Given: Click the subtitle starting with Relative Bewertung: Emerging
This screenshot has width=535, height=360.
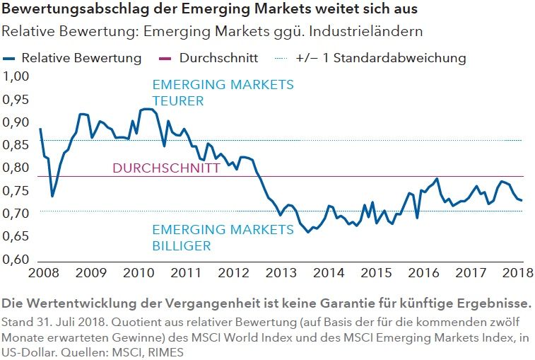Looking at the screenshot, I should (213, 32).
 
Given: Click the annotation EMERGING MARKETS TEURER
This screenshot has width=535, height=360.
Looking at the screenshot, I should (223, 93).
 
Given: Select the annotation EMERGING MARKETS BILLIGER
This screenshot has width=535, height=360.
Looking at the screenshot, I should (223, 238).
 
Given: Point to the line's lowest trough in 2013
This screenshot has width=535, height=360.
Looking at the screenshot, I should (308, 231).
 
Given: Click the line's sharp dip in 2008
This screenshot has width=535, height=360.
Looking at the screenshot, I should (52, 196).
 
